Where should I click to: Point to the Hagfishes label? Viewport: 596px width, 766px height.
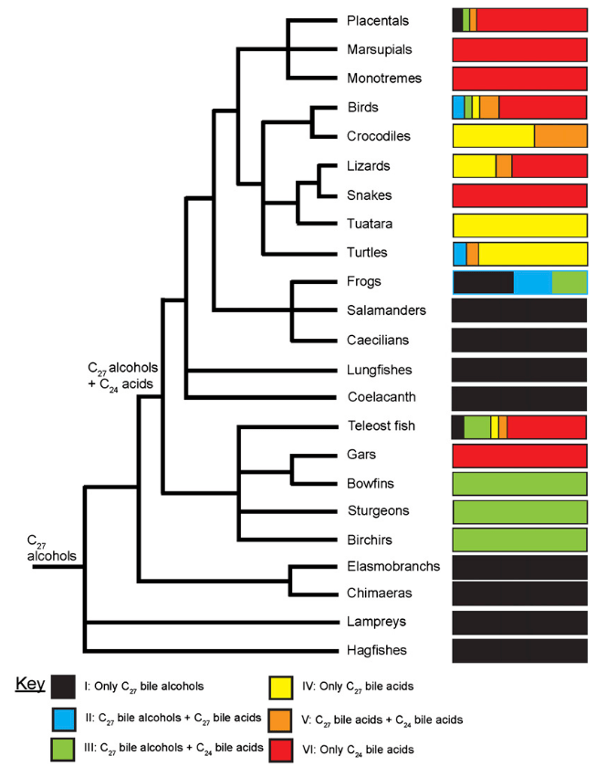coord(377,650)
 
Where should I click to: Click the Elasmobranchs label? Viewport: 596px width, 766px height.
coord(393,566)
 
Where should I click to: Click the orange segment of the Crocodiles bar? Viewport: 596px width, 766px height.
coord(559,136)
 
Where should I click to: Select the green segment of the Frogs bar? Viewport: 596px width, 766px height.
coord(569,282)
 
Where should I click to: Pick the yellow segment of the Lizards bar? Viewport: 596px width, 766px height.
coord(474,166)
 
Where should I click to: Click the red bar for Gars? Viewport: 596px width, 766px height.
coord(519,455)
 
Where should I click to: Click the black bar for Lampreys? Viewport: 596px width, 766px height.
coord(519,622)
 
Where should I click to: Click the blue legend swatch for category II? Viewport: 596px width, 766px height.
coord(63,719)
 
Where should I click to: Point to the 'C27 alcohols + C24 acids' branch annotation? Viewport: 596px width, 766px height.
coord(118,375)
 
